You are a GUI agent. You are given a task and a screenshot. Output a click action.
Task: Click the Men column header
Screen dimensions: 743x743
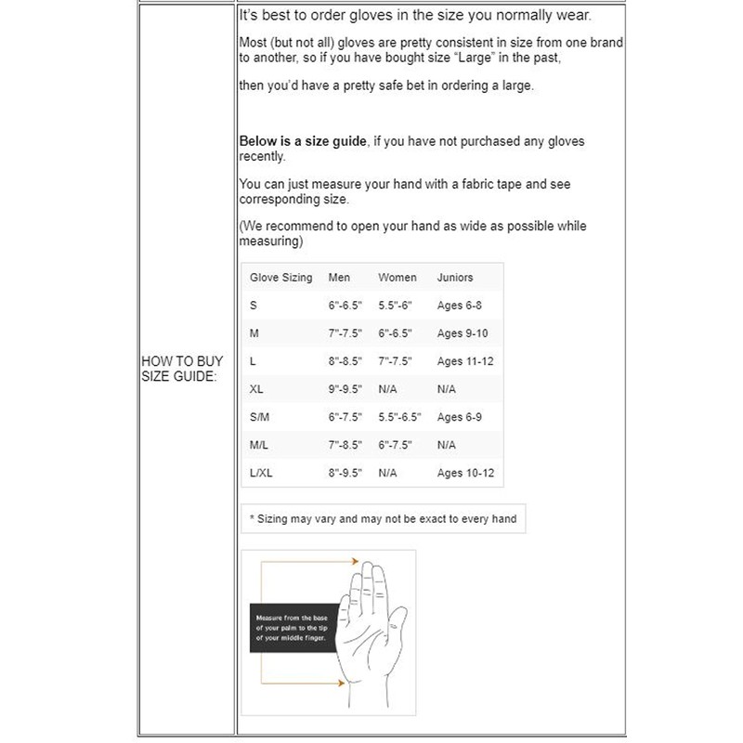(339, 278)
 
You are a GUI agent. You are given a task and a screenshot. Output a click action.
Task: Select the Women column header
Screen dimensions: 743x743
(398, 278)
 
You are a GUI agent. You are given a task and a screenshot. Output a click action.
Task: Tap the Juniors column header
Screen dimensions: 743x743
(455, 278)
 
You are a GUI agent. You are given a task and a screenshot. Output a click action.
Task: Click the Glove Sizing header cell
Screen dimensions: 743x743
(281, 278)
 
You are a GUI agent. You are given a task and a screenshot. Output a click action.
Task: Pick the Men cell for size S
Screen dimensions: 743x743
(345, 306)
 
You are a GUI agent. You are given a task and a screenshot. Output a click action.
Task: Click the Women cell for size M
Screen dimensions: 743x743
(395, 333)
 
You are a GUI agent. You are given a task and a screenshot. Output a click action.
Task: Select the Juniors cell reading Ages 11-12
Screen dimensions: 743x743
(465, 361)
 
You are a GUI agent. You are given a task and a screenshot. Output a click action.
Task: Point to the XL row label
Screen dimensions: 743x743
(256, 389)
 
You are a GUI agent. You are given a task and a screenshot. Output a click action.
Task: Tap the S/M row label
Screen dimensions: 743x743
(259, 417)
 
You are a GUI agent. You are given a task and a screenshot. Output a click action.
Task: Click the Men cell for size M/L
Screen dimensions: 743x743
(345, 445)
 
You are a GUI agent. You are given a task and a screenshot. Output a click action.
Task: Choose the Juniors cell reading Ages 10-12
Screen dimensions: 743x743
(465, 473)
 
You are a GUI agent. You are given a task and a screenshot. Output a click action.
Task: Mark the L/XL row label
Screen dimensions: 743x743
(261, 473)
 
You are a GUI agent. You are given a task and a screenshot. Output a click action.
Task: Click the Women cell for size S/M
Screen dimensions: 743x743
(400, 417)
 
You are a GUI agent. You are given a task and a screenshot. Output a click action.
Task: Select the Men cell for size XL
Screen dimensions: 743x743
(345, 389)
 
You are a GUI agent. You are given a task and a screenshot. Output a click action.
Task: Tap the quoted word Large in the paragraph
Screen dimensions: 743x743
(476, 58)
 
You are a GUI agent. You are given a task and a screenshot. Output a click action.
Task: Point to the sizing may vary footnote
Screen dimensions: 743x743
(383, 518)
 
